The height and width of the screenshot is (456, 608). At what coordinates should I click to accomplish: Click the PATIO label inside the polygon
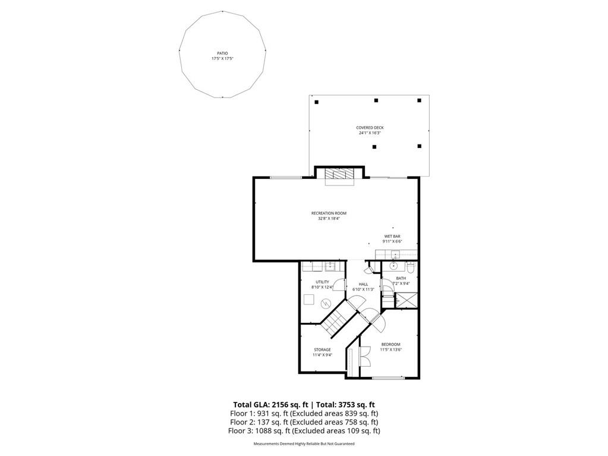(222, 56)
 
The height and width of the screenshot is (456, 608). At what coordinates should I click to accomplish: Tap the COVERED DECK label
(370, 130)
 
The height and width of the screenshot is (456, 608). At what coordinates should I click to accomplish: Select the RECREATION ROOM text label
(329, 216)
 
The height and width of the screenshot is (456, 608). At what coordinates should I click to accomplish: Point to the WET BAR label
(392, 239)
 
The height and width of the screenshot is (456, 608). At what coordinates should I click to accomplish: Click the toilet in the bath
(410, 268)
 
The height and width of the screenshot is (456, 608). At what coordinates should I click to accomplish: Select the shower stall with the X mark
(406, 301)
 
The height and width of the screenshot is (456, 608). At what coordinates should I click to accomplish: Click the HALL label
(363, 287)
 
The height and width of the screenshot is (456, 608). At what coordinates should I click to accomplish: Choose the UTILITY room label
(322, 284)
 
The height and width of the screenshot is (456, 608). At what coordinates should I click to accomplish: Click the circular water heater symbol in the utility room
(325, 303)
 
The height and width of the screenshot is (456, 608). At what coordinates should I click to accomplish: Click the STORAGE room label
(322, 352)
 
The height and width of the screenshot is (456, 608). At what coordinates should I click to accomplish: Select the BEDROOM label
(390, 347)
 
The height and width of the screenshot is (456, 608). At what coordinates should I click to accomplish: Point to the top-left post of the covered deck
(316, 102)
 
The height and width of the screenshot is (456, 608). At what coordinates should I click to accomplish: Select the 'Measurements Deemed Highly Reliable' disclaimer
(304, 444)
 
